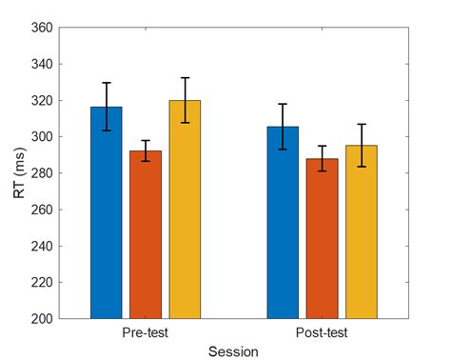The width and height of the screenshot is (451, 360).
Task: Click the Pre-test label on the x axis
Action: click(146, 333)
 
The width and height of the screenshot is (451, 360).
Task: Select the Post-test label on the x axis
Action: click(322, 333)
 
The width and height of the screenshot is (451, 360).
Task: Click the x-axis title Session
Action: click(233, 350)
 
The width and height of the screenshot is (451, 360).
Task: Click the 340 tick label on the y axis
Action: click(42, 64)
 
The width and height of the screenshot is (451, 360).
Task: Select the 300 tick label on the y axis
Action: click(42, 136)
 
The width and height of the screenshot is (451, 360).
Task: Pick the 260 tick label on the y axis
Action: click(42, 210)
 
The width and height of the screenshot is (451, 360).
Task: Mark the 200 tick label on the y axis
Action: click(42, 318)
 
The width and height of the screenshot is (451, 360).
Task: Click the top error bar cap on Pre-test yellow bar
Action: click(185, 78)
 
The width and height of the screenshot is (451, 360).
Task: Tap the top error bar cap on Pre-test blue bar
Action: click(107, 83)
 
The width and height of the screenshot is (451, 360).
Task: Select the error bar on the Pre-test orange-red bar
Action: click(146, 150)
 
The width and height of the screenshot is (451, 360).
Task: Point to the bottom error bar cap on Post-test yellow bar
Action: click(361, 167)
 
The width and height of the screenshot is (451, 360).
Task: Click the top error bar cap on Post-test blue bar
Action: click(283, 104)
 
